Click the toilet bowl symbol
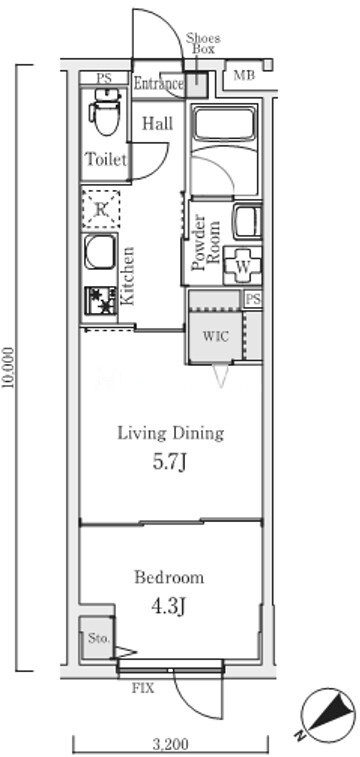click(105, 112)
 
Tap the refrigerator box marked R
click(100, 209)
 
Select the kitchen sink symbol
click(99, 252)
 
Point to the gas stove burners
click(100, 300)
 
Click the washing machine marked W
click(242, 266)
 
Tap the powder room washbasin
click(247, 222)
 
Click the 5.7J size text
click(169, 463)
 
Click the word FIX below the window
click(143, 688)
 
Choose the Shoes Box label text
click(204, 43)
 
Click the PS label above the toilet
click(103, 78)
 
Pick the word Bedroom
click(169, 577)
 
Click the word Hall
click(157, 124)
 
